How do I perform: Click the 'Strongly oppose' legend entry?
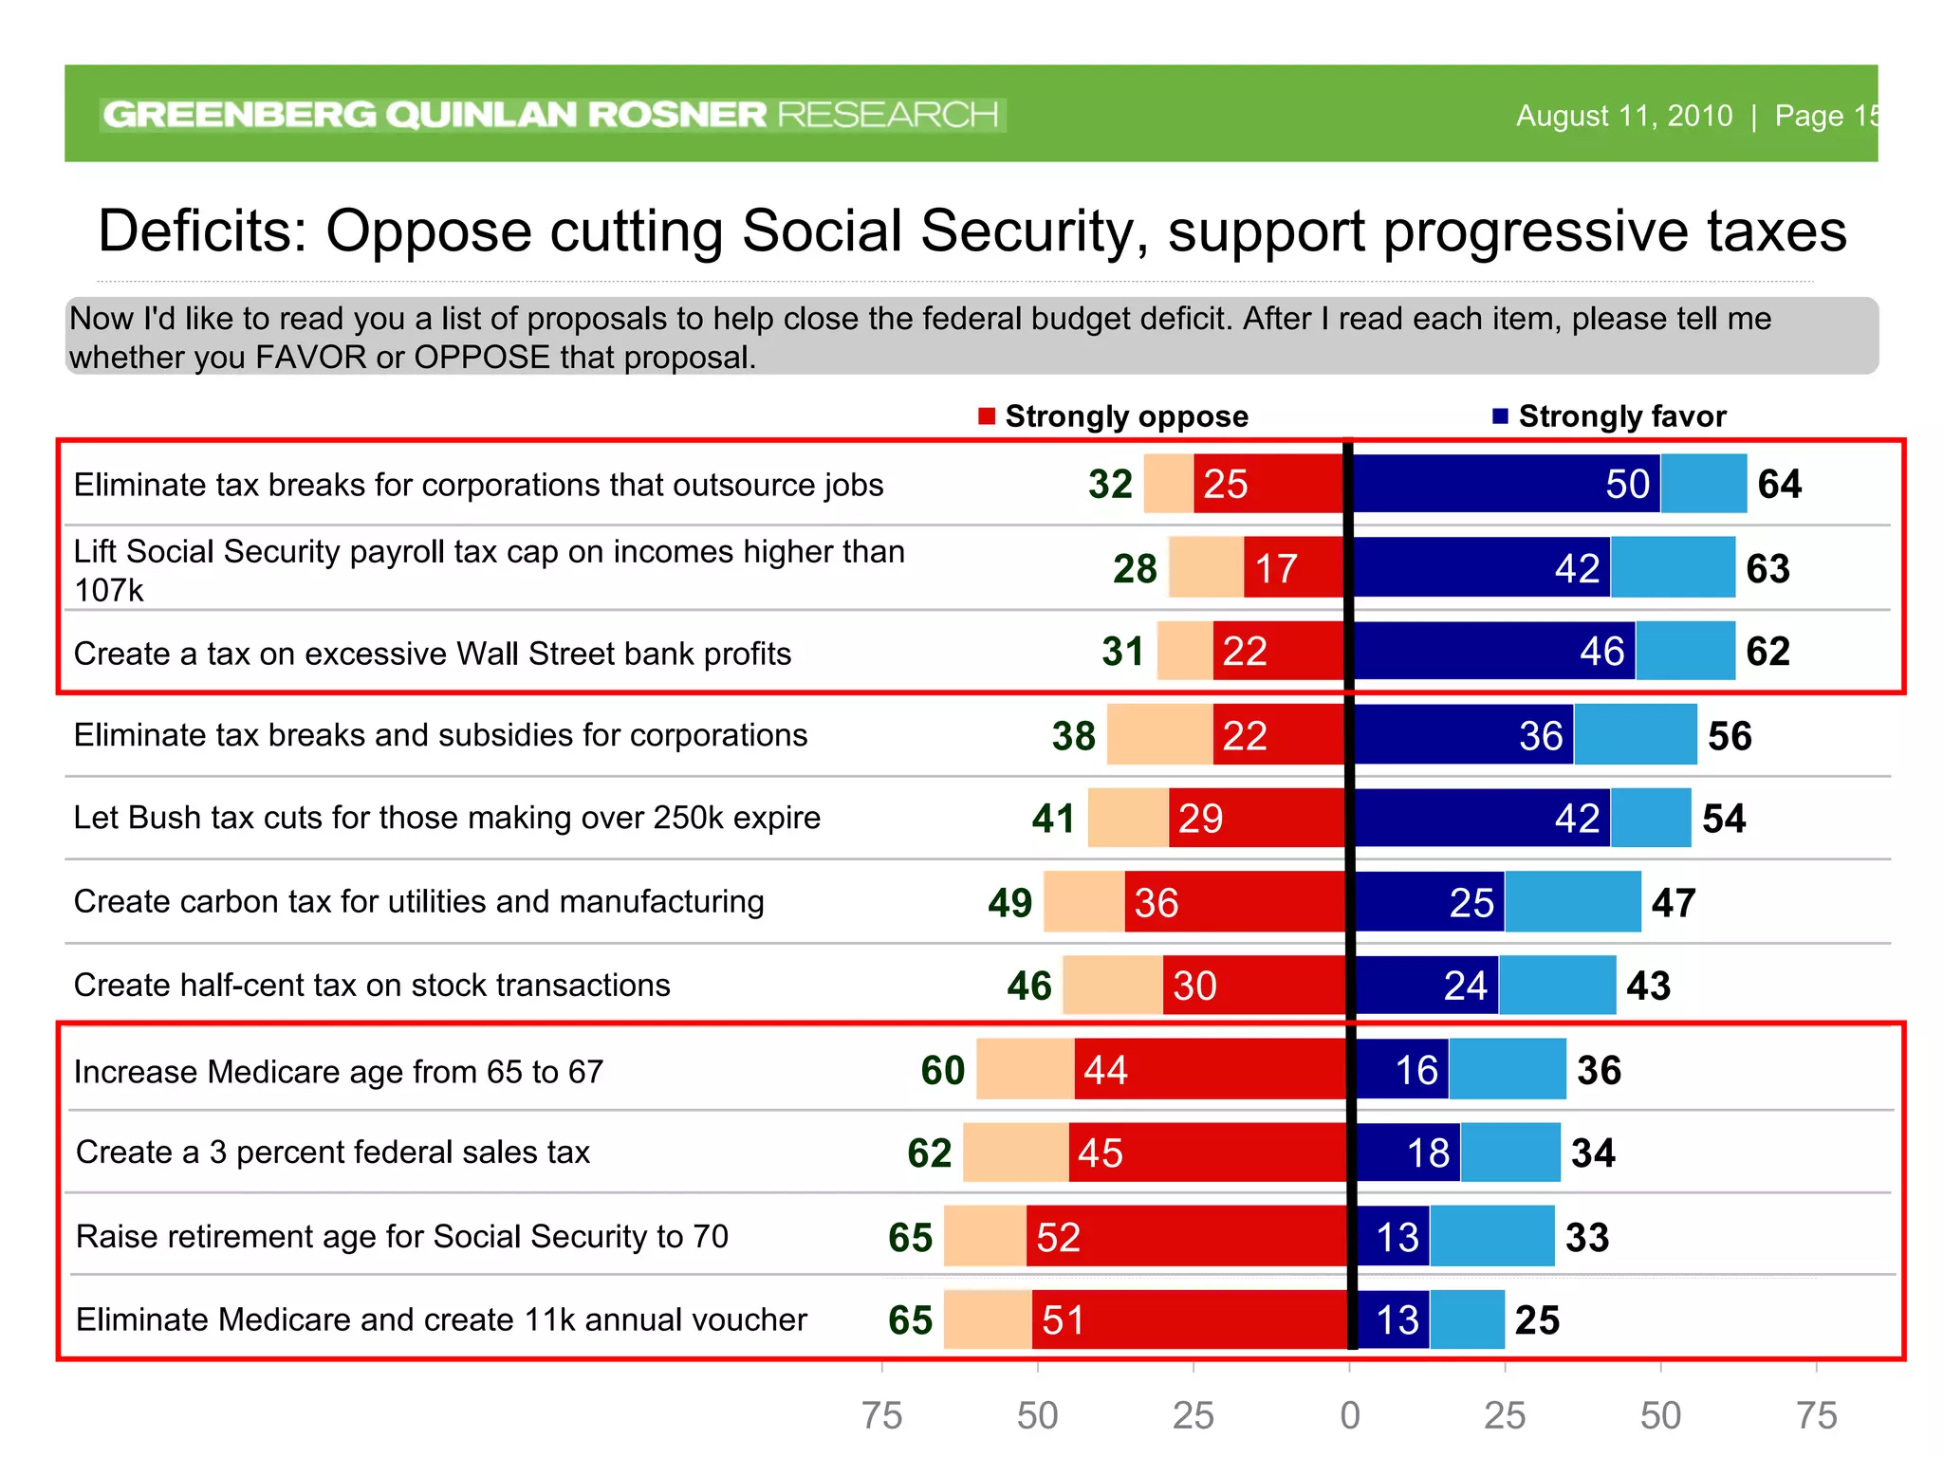(x=1114, y=416)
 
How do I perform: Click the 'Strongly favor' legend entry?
(x=1610, y=416)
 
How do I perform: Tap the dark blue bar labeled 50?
(x=1506, y=484)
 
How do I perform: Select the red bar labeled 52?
(x=1186, y=1236)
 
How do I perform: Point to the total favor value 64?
(x=1779, y=484)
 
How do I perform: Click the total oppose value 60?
(x=942, y=1070)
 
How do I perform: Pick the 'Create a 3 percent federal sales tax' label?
(x=333, y=1153)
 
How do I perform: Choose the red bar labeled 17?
(x=1294, y=567)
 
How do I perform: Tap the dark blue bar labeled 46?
(x=1494, y=651)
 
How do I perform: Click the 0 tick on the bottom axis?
(x=1349, y=1415)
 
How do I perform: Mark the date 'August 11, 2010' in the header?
(x=1623, y=116)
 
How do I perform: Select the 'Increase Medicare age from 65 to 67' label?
(x=339, y=1072)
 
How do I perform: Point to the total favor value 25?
(x=1537, y=1319)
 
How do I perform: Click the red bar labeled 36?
(x=1235, y=901)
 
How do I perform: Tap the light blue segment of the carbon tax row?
(x=1572, y=901)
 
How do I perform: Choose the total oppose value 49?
(x=1009, y=902)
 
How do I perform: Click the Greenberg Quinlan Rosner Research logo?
(x=551, y=115)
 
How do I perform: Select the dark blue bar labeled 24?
(x=1427, y=985)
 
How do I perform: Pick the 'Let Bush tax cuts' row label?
(x=447, y=818)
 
